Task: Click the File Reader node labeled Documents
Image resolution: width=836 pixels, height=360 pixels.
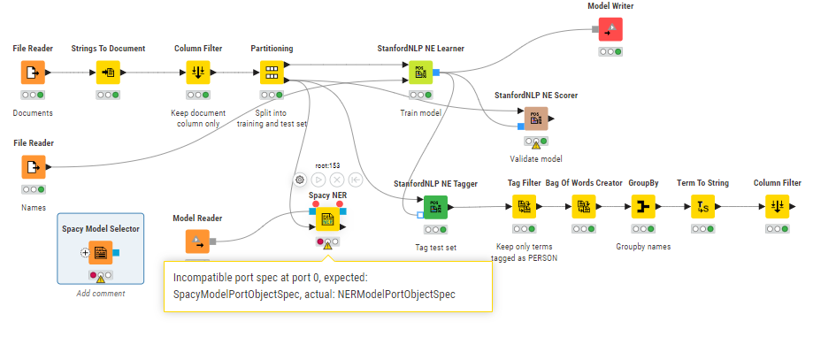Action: pos(33,73)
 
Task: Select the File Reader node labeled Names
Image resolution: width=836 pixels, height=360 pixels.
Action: pos(33,166)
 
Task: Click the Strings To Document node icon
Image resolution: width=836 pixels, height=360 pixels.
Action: pos(109,73)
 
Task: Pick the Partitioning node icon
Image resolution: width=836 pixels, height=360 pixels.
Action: pos(272,73)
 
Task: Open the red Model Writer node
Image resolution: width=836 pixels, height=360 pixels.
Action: pos(610,29)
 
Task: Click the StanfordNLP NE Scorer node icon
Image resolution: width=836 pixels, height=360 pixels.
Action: pos(535,118)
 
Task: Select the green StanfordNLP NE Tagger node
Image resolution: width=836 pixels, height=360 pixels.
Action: pos(435,207)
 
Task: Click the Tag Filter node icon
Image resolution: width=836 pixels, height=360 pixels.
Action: pos(525,207)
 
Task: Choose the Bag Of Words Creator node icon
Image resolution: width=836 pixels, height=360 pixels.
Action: pos(584,207)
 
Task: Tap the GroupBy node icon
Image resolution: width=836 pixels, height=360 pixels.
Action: pos(642,207)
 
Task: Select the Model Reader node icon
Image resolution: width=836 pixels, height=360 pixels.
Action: pos(197,241)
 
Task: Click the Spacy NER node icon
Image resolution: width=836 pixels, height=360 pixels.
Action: pos(326,218)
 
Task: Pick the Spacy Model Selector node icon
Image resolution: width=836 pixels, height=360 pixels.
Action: pos(101,253)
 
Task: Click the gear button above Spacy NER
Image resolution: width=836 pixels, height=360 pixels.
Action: pos(300,180)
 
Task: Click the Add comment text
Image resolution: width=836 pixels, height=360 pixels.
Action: pos(101,293)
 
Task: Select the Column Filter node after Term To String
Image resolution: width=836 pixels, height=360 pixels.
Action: pos(777,207)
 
